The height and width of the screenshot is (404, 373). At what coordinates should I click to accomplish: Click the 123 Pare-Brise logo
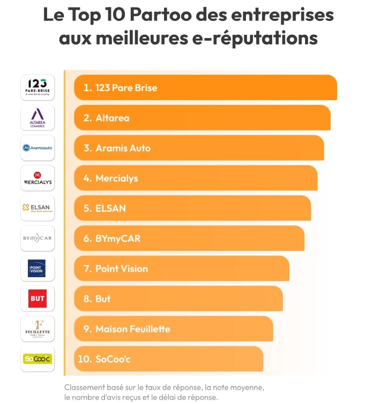tap(38, 87)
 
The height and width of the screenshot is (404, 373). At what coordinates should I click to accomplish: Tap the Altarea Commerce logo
tap(38, 118)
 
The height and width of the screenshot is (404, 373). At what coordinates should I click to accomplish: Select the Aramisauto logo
tap(38, 148)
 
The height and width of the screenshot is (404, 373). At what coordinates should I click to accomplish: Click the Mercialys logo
tap(38, 178)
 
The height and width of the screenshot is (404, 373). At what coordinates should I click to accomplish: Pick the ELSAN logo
tap(38, 208)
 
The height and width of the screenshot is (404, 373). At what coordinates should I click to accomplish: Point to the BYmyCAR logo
tap(38, 238)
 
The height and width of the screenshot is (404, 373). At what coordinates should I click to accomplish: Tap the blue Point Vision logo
tap(37, 268)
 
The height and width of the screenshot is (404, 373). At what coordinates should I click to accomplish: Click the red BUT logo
tap(38, 299)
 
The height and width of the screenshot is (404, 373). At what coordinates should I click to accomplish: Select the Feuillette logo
tap(38, 329)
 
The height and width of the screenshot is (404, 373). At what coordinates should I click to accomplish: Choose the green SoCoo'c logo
tap(38, 359)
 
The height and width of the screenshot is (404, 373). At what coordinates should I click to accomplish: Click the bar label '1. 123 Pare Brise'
tap(120, 88)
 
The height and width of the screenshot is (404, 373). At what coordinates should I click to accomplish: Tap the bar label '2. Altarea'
tap(106, 118)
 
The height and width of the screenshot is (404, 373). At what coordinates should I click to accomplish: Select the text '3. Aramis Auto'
tap(117, 148)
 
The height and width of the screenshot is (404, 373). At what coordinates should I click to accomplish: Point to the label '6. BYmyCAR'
tap(111, 239)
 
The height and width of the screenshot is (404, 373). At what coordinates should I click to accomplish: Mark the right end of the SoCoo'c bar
tap(261, 359)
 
